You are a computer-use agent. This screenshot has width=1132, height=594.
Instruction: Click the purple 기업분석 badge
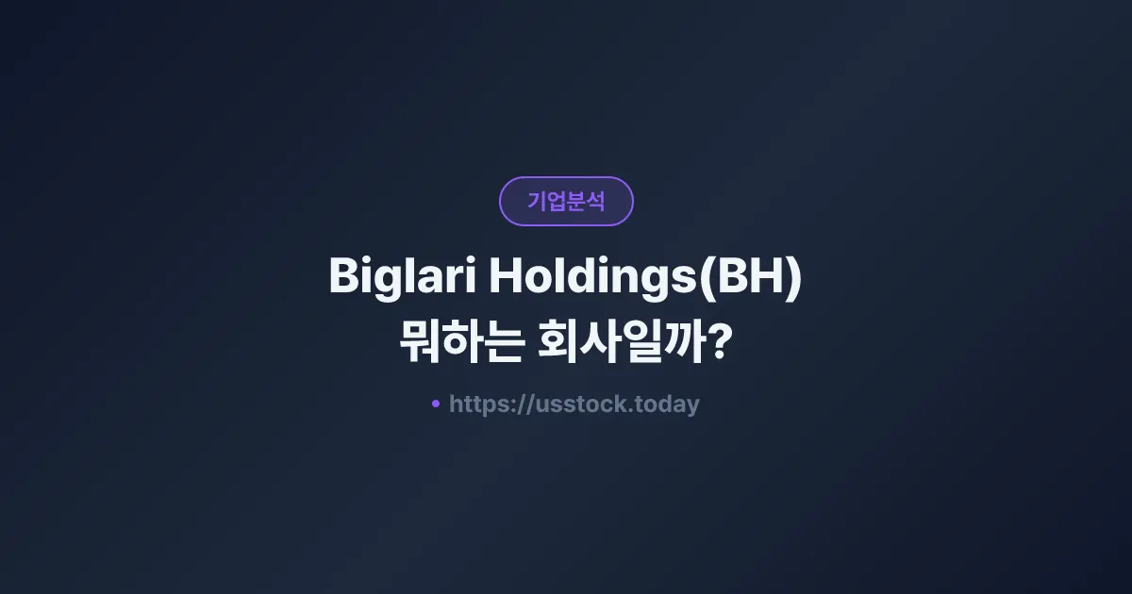[x=566, y=201]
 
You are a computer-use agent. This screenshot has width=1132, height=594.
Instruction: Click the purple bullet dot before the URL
[x=435, y=404]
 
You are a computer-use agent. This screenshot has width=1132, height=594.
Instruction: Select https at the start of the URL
[x=478, y=404]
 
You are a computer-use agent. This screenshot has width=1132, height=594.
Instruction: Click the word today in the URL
[x=667, y=404]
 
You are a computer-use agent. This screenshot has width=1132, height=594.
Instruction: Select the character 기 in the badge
[x=536, y=201]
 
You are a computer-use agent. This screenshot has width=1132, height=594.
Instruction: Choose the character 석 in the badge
[x=595, y=201]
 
